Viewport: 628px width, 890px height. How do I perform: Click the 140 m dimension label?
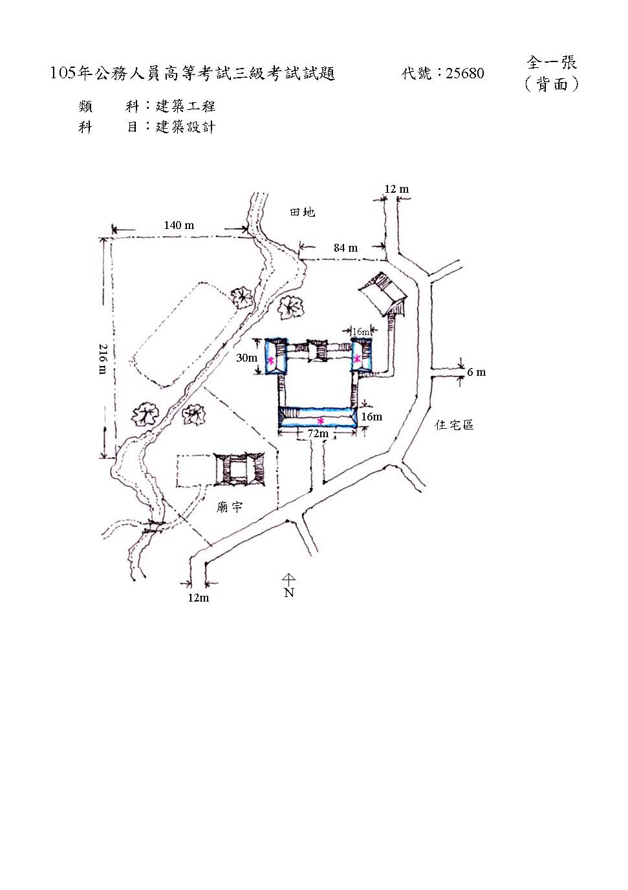click(x=179, y=226)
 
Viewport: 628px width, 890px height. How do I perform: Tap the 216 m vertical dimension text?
click(x=102, y=359)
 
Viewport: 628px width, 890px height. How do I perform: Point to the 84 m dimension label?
click(x=345, y=248)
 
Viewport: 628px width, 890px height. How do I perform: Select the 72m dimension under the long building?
click(x=318, y=433)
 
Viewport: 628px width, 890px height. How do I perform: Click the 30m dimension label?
click(x=246, y=358)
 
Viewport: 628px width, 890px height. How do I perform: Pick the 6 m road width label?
click(x=476, y=373)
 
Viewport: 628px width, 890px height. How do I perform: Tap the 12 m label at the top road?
click(x=396, y=189)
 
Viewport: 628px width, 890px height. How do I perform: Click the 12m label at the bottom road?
click(x=198, y=598)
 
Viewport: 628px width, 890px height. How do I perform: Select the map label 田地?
click(x=303, y=212)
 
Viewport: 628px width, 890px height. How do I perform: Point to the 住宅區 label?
click(x=454, y=425)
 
